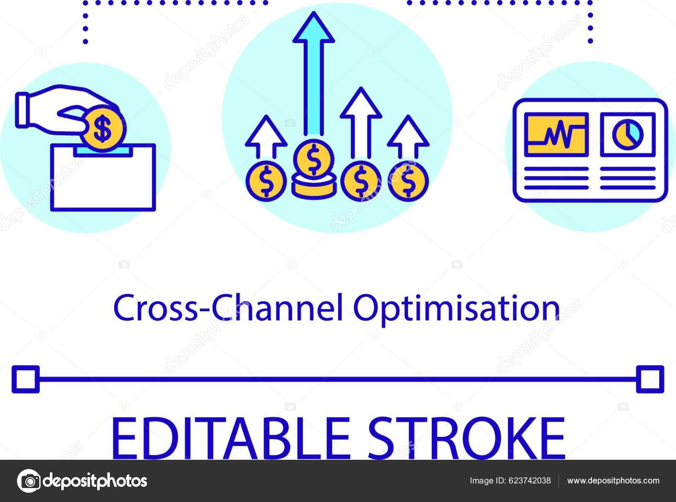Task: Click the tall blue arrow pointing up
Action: point(313,76)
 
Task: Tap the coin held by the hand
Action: point(102,128)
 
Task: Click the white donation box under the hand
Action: point(103,182)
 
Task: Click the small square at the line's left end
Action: point(26,379)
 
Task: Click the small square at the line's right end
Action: point(650,379)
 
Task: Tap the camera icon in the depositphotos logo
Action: point(29,480)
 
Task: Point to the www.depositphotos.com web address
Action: point(613,480)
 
